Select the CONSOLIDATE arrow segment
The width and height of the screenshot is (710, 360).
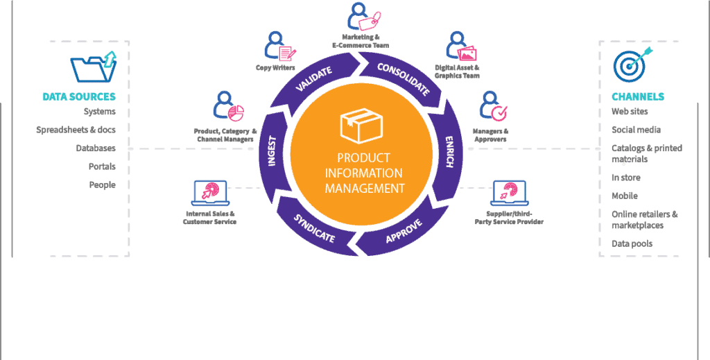point(403,78)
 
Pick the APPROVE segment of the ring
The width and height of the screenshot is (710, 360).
point(402,231)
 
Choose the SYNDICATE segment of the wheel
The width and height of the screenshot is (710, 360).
point(315,229)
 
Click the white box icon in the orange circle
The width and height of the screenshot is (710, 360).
point(361,126)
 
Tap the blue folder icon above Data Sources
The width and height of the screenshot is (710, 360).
point(94,67)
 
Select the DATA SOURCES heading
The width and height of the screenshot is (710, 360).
point(79,96)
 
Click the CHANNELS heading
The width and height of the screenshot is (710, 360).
point(638,96)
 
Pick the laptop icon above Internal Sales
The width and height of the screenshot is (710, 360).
point(211,193)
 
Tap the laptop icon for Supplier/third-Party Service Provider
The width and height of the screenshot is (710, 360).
point(510,193)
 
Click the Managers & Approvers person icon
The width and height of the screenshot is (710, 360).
point(493,107)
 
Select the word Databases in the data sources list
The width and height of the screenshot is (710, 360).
point(96,148)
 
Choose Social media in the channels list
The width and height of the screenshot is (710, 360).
point(636,130)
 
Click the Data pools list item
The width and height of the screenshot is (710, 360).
point(632,243)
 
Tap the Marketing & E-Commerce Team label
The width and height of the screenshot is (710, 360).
point(361,41)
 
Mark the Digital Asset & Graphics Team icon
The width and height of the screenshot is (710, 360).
point(461,46)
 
